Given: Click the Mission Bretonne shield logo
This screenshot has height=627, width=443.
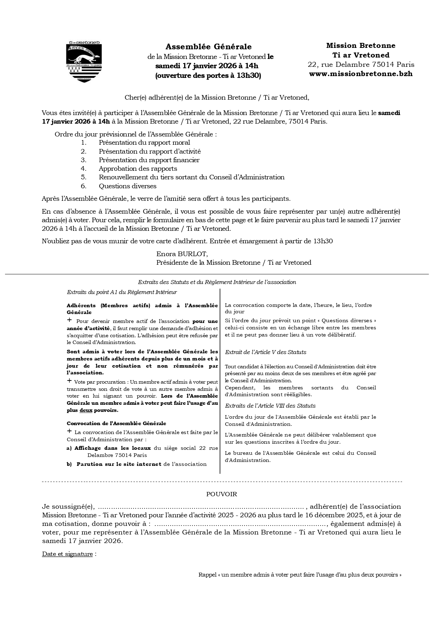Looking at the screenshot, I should [85, 61].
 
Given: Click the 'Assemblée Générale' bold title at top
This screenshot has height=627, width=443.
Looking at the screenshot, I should [208, 47].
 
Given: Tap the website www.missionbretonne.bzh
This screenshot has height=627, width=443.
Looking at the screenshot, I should [361, 74].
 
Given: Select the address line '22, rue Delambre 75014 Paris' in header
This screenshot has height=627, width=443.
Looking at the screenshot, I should [361, 65].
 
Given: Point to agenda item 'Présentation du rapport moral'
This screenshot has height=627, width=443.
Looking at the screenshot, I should [144, 143].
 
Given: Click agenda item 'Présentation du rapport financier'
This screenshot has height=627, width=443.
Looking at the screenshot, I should [149, 160].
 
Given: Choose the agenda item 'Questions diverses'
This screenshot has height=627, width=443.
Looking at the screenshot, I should [127, 186].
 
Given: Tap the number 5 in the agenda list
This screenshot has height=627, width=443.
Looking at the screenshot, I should [84, 177].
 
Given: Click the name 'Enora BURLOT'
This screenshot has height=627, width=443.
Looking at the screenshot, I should [182, 254].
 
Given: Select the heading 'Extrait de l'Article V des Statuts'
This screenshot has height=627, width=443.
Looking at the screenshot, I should [265, 352].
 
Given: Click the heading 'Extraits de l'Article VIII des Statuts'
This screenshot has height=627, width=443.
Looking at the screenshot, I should [270, 406].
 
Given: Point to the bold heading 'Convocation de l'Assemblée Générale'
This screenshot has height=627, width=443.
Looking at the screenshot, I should [116, 423].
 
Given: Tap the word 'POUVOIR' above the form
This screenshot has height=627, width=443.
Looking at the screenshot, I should [222, 494].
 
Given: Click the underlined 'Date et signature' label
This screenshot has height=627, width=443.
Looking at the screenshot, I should [67, 554].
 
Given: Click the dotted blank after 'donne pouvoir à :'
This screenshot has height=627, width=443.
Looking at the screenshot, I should [241, 524].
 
